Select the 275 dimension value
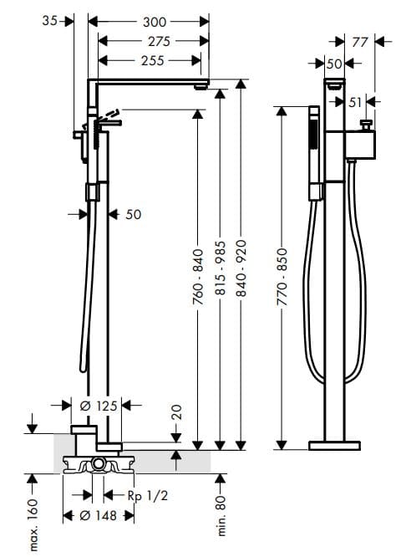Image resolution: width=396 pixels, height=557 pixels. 154,41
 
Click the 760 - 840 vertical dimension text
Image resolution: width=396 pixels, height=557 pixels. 198,277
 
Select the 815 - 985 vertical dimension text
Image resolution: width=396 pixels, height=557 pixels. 221,277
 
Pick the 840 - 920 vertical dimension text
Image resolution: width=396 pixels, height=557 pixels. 242,277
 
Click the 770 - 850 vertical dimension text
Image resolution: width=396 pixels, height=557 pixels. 282,276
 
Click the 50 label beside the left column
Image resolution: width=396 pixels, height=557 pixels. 133,214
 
